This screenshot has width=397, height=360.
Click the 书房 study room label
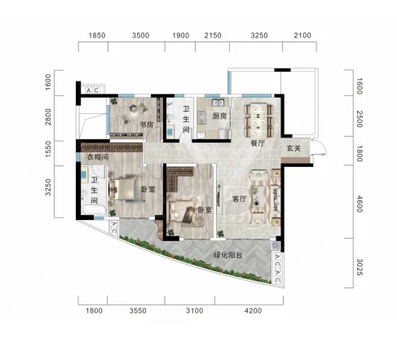point(147,125)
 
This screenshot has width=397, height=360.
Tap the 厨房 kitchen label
point(219,116)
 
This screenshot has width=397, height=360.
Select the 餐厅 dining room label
point(258,143)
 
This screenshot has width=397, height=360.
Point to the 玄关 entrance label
point(294,148)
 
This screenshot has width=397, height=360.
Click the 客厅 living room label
point(239,199)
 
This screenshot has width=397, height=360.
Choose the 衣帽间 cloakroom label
point(98,157)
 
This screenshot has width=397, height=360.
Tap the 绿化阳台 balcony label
point(227,255)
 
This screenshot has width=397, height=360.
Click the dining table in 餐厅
point(258,120)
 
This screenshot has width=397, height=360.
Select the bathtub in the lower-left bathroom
point(93,210)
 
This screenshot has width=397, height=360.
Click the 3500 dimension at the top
point(140,36)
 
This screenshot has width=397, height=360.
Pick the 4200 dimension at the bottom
point(253,310)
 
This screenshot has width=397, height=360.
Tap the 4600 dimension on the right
point(360,204)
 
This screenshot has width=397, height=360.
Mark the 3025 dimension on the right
point(360,267)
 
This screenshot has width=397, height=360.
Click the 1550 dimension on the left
point(48,149)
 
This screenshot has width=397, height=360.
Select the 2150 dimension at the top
point(213,36)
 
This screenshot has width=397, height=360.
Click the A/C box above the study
point(93,90)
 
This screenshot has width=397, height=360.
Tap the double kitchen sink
point(218,103)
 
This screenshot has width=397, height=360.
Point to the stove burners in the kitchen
point(201,116)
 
